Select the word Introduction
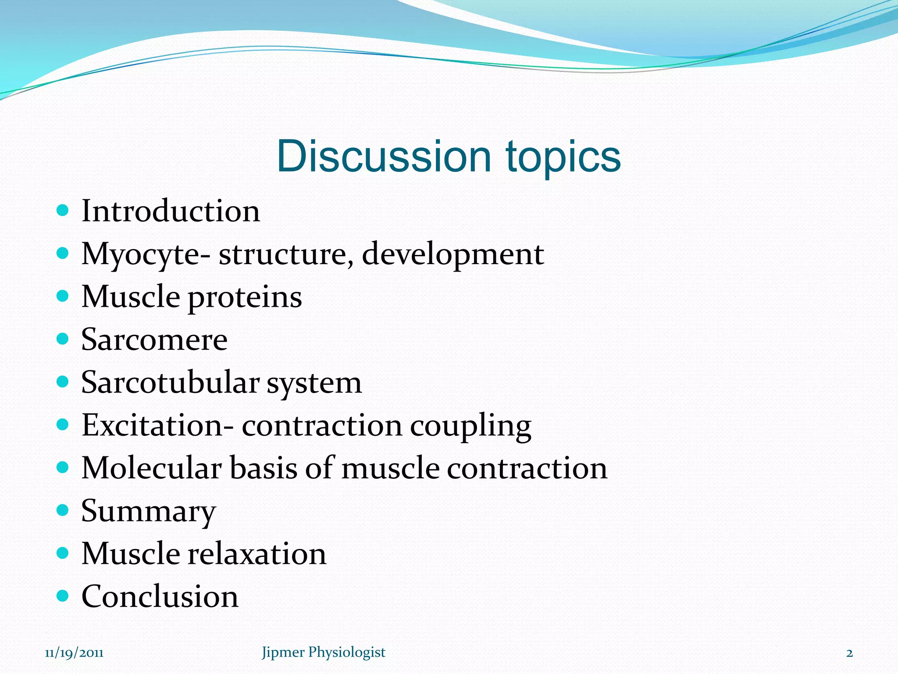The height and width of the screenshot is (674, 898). pyautogui.click(x=171, y=211)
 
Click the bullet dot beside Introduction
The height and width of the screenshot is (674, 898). pyautogui.click(x=63, y=210)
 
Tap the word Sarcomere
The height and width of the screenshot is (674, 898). pyautogui.click(x=154, y=340)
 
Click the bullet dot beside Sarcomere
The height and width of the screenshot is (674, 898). pyautogui.click(x=63, y=339)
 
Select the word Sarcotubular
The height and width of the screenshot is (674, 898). pyautogui.click(x=170, y=382)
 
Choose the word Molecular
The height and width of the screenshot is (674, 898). pyautogui.click(x=151, y=468)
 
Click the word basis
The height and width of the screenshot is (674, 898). pyautogui.click(x=264, y=468)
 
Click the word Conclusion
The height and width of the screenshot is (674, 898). pyautogui.click(x=160, y=596)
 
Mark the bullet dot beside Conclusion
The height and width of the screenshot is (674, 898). pyautogui.click(x=63, y=595)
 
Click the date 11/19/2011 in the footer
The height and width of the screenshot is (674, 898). pyautogui.click(x=74, y=652)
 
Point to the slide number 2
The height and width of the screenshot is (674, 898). pyautogui.click(x=849, y=653)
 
